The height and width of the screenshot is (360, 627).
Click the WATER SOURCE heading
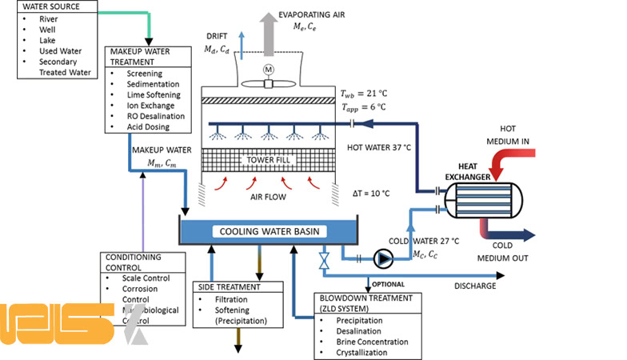point(50,8)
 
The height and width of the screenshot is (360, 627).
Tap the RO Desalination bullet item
point(154,116)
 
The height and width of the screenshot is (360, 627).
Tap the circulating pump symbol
point(385,258)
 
